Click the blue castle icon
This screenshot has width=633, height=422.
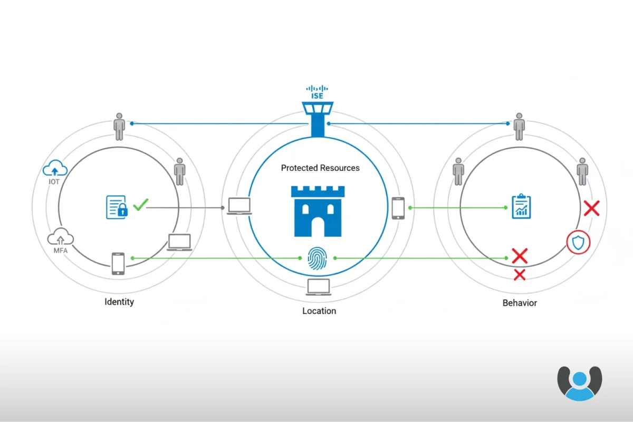click(x=318, y=211)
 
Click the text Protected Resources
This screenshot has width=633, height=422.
click(x=320, y=168)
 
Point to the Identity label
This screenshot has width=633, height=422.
click(x=119, y=302)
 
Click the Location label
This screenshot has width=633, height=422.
click(x=319, y=311)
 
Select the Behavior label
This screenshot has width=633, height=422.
click(x=520, y=303)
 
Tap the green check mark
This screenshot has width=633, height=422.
click(x=140, y=205)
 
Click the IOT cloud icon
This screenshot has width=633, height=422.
click(x=55, y=169)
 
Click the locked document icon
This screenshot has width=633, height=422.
click(x=117, y=207)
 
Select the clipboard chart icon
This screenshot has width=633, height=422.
click(x=521, y=207)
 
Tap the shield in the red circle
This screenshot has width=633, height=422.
click(x=578, y=243)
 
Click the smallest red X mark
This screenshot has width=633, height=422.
click(x=520, y=274)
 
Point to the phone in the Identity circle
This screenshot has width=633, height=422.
click(x=118, y=263)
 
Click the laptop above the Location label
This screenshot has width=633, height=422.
click(x=319, y=287)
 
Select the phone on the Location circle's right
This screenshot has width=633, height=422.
click(x=398, y=208)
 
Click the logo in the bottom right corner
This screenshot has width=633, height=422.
click(x=579, y=383)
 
